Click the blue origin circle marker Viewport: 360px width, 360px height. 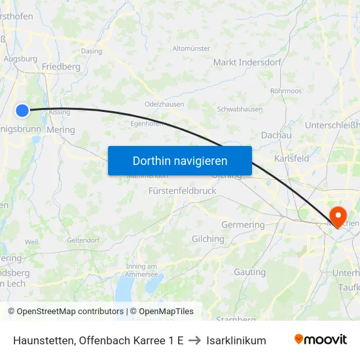(22, 111)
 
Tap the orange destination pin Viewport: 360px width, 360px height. (338, 216)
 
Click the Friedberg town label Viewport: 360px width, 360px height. (61, 67)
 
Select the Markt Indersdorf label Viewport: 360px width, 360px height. (247, 62)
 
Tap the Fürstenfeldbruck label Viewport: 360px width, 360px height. (182, 190)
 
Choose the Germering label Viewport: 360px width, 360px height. (243, 225)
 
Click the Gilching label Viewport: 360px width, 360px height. (207, 239)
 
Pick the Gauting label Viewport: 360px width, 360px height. (249, 272)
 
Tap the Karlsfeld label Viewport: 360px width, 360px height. (292, 158)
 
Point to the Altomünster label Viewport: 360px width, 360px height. (191, 48)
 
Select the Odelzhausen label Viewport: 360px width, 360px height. (164, 104)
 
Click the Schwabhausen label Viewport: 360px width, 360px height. (240, 109)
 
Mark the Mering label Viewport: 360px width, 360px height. (61, 130)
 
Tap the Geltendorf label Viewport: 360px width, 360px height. (82, 240)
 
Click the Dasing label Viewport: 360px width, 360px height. (91, 51)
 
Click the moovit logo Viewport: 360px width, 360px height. (321, 340)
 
